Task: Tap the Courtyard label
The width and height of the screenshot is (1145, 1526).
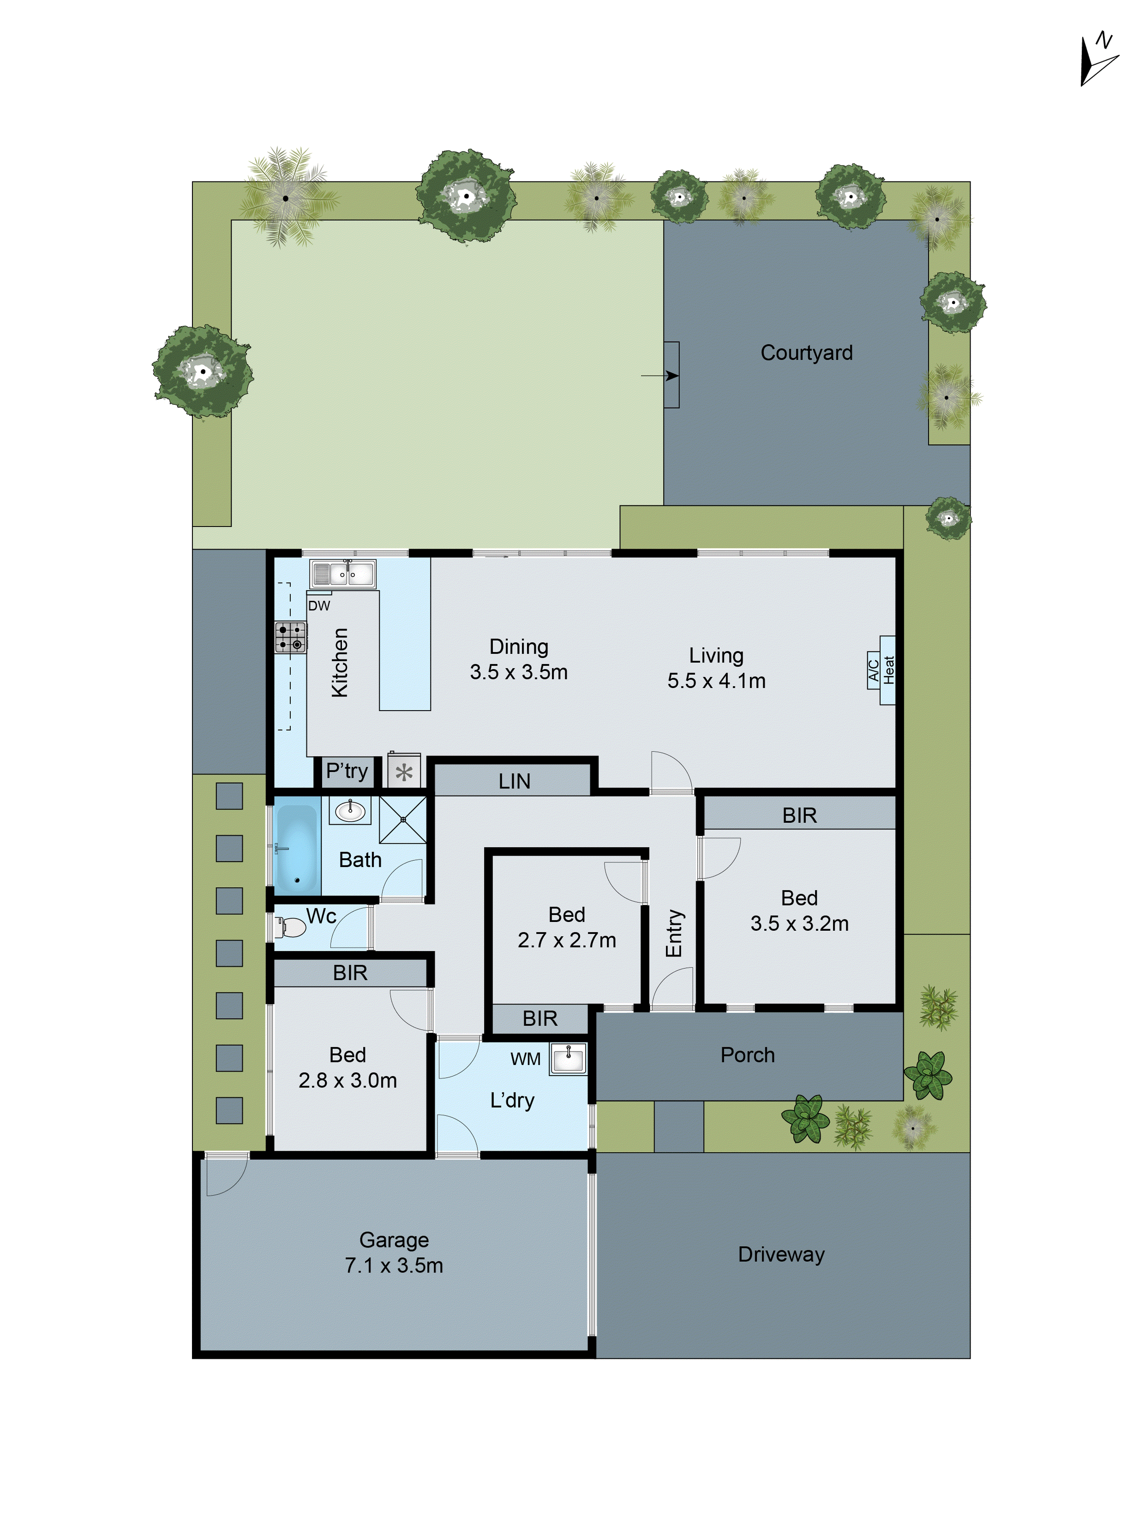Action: point(806,353)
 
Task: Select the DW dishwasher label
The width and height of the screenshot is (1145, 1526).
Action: point(319,606)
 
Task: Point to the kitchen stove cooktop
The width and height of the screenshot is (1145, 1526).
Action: point(290,637)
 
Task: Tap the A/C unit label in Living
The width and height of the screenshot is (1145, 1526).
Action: point(873,670)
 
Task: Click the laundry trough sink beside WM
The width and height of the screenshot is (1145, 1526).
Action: point(568,1059)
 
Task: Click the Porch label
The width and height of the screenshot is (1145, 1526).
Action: point(747,1055)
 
